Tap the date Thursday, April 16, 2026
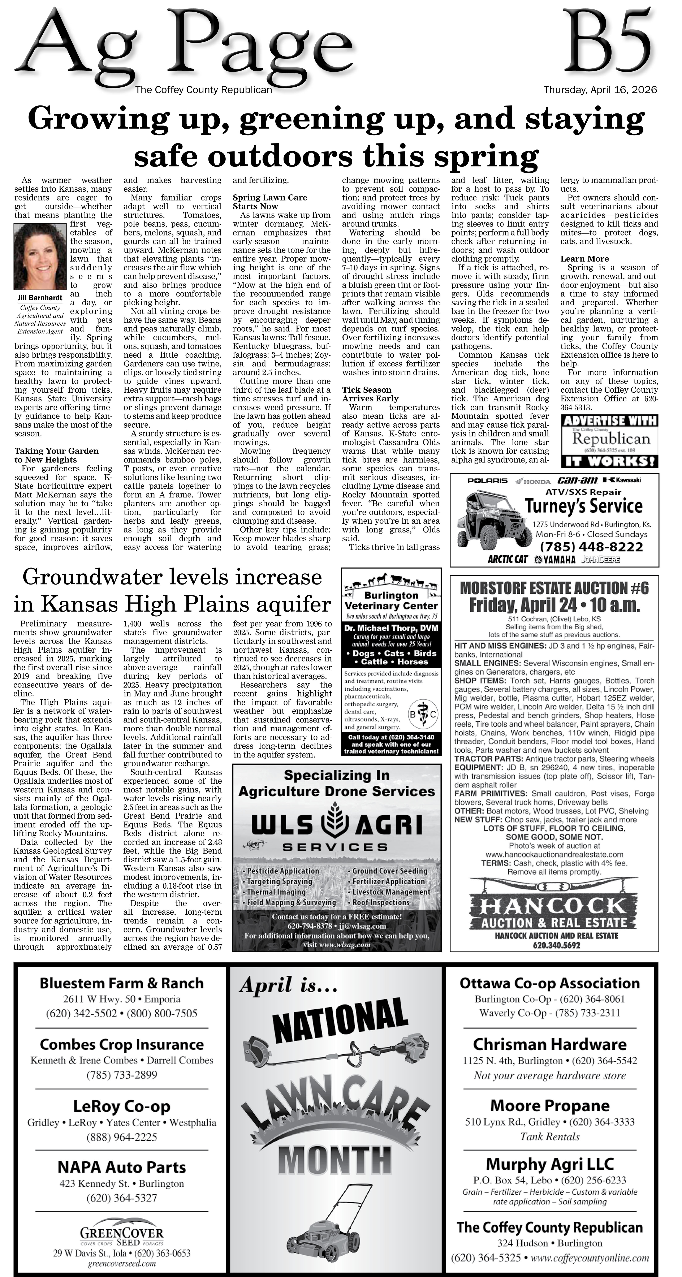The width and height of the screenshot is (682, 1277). point(600,90)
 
